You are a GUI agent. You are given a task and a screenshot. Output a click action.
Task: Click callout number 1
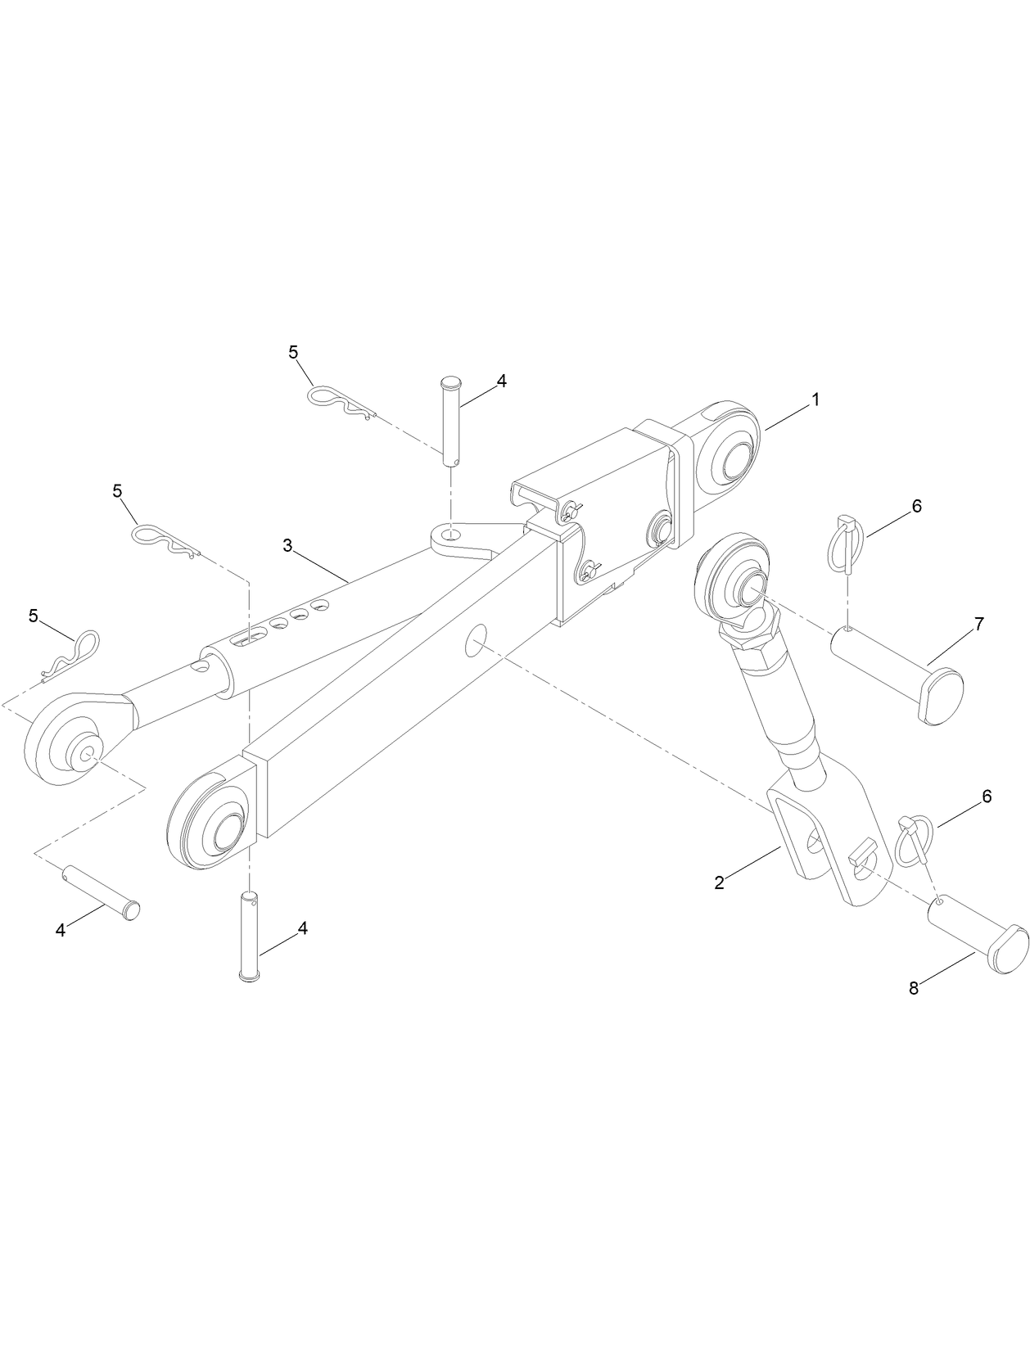click(814, 399)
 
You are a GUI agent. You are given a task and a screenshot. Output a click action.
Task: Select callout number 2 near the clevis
click(719, 882)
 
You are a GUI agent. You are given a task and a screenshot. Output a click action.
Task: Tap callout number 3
click(287, 545)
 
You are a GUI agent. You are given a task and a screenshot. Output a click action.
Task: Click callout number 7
click(979, 625)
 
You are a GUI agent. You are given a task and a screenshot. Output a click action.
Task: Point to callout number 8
click(914, 988)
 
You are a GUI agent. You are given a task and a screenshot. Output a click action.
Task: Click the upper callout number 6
click(916, 506)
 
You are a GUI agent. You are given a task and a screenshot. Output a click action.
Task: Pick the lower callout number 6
click(987, 796)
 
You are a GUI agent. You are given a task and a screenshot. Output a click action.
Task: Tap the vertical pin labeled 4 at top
click(452, 422)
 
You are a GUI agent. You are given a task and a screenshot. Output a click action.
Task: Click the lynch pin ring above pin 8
click(910, 842)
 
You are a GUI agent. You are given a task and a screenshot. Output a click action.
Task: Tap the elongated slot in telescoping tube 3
click(251, 639)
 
